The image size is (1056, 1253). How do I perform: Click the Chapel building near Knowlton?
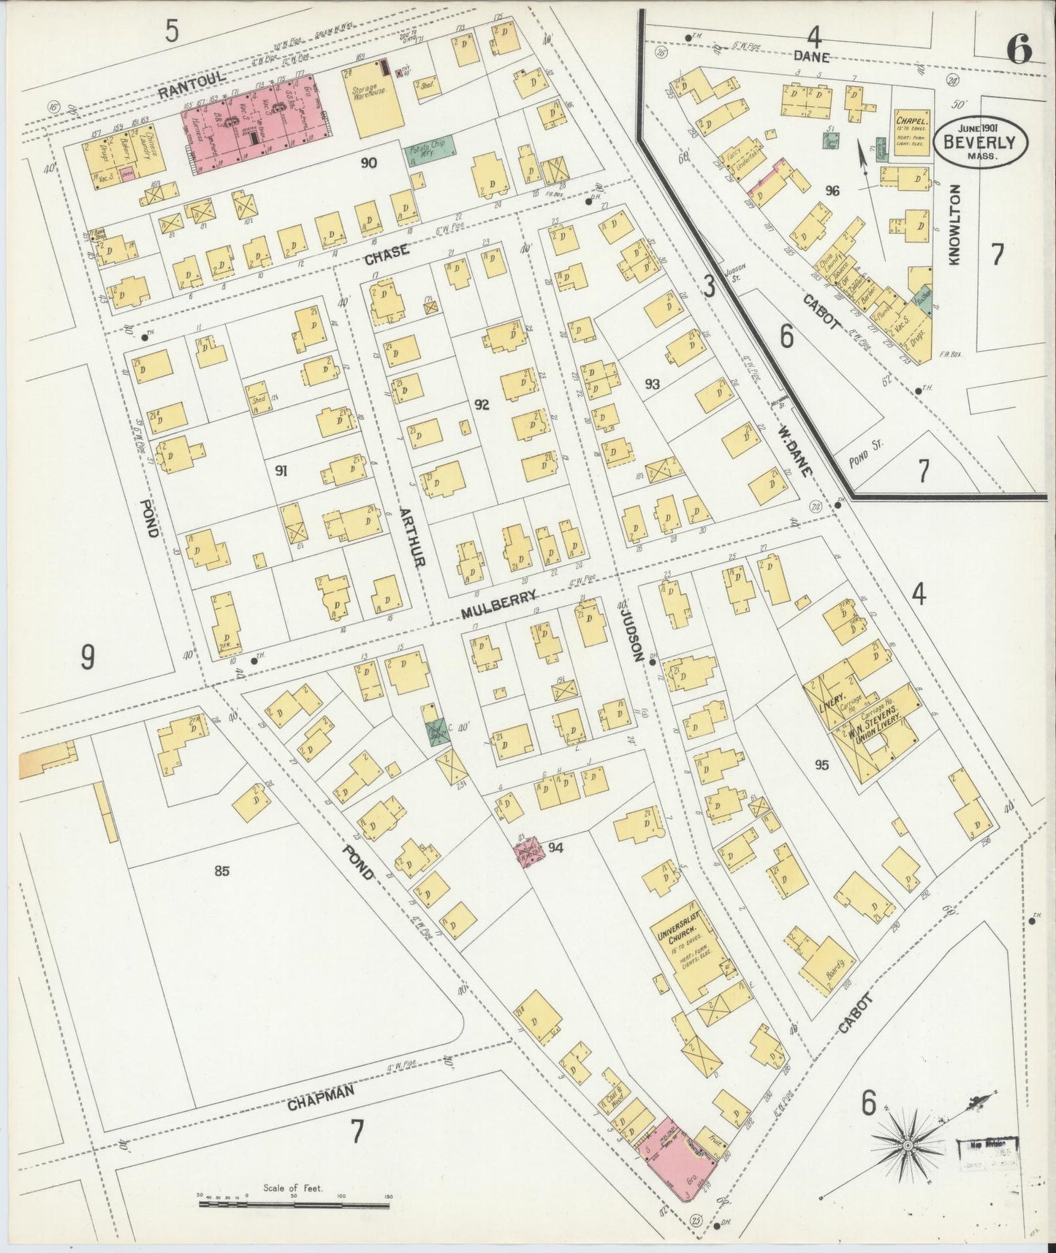[x=912, y=129]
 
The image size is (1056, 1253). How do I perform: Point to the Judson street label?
[x=630, y=629]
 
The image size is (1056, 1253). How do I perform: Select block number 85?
[x=222, y=870]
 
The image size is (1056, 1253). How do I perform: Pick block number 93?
[x=652, y=384]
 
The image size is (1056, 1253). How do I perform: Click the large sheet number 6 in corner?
[x=1019, y=50]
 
